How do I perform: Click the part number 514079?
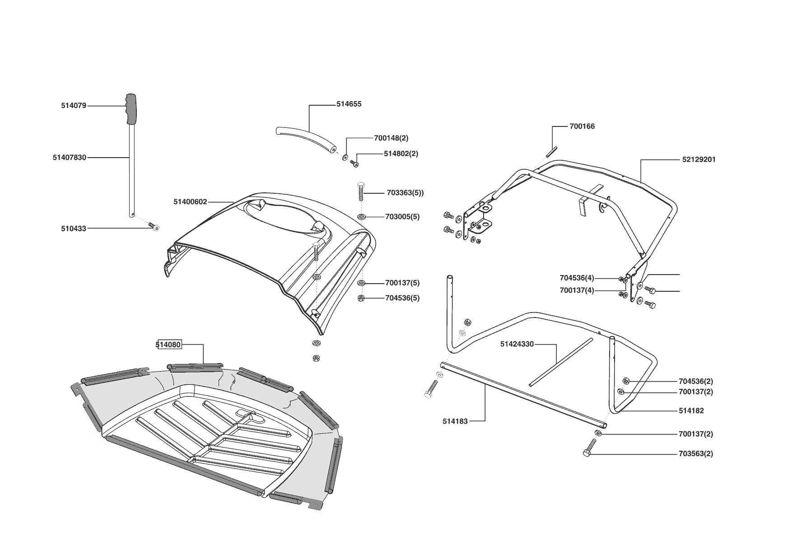pos(74,106)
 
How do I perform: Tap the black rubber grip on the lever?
pos(131,110)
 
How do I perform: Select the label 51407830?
pos(70,158)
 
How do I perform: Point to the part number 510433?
pos(74,229)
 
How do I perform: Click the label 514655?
pos(349,104)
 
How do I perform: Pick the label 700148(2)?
pos(391,138)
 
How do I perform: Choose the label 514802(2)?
pos(401,154)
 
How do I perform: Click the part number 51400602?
pos(190,202)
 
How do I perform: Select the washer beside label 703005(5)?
pos(361,217)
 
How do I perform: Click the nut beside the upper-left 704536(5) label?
pos(361,298)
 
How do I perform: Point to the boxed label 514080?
pos(168,345)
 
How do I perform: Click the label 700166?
pos(582,126)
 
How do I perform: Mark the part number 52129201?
pos(699,159)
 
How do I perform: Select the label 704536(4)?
pos(577,278)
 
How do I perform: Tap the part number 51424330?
pos(517,344)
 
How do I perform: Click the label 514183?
pos(455,421)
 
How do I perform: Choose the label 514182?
pos(691,411)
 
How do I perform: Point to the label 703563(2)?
pos(695,453)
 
